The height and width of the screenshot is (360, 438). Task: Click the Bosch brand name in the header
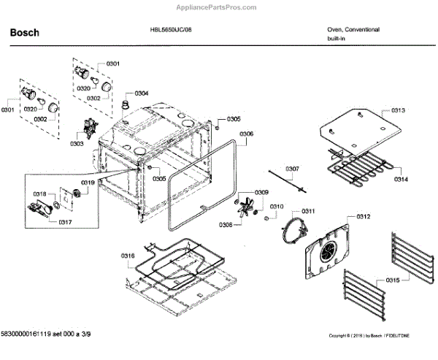click(24, 33)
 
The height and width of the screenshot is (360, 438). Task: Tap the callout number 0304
click(141, 93)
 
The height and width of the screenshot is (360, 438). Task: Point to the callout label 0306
click(247, 134)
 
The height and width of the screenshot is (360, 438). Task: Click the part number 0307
click(291, 169)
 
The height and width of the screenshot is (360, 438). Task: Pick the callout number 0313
click(398, 110)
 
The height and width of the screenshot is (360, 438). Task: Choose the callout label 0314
click(401, 179)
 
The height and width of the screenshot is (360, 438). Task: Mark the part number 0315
click(393, 280)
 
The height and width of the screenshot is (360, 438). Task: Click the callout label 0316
click(128, 255)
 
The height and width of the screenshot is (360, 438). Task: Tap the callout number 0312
click(364, 217)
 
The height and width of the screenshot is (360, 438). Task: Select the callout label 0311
click(307, 211)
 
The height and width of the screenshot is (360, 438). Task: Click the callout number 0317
click(65, 221)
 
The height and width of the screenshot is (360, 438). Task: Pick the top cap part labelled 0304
click(125, 107)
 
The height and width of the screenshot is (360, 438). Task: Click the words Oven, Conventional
click(353, 30)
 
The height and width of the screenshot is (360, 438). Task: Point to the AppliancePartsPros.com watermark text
click(218, 5)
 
